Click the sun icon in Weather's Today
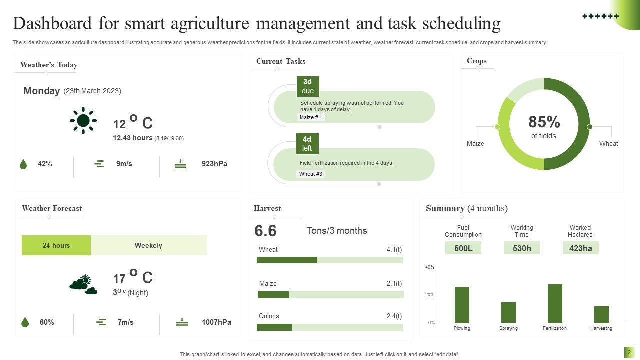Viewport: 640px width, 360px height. [83, 120]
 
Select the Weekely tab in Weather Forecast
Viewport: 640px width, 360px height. [148, 245]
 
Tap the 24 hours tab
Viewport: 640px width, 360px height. [56, 245]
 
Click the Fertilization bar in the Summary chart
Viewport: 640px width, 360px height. [555, 303]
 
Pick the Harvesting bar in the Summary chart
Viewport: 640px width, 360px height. [601, 314]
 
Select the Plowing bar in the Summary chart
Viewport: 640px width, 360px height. [462, 304]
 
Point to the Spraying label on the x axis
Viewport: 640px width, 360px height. [508, 328]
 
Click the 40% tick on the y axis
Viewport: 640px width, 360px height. [430, 267]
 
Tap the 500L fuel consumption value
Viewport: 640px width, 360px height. [463, 248]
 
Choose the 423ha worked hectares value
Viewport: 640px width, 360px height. [580, 248]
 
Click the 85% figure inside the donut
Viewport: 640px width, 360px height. [544, 122]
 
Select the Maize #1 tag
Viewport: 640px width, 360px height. [310, 117]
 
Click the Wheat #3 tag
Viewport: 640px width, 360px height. [310, 174]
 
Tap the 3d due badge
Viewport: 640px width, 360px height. [308, 86]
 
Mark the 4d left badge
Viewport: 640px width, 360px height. [307, 144]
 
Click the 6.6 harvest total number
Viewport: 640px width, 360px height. [265, 231]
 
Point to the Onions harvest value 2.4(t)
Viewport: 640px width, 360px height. [394, 316]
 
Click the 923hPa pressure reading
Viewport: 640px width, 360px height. [214, 164]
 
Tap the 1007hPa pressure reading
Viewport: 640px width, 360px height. [216, 322]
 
